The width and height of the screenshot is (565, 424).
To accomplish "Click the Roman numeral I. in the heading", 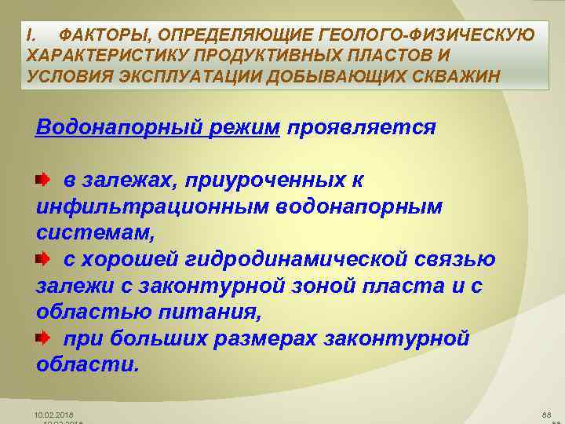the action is point(31,35).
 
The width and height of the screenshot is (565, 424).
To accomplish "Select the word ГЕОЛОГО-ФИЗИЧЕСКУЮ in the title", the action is point(427,35).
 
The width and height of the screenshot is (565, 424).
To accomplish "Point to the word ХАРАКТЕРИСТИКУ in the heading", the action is point(107,56).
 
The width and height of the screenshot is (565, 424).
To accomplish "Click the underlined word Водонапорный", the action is point(118,128).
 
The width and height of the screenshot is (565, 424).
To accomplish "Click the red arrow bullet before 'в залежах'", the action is point(43,179).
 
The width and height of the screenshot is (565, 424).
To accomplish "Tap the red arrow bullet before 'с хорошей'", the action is point(43,258).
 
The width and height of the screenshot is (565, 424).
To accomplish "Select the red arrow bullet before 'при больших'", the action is point(43,338).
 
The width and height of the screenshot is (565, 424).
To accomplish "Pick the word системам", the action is point(95,233).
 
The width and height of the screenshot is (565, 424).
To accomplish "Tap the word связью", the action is point(454,260).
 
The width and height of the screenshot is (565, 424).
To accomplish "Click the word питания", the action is point(210,313).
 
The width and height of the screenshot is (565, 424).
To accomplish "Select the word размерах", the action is point(264,340).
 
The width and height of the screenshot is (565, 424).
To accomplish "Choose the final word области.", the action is point(88,365).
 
